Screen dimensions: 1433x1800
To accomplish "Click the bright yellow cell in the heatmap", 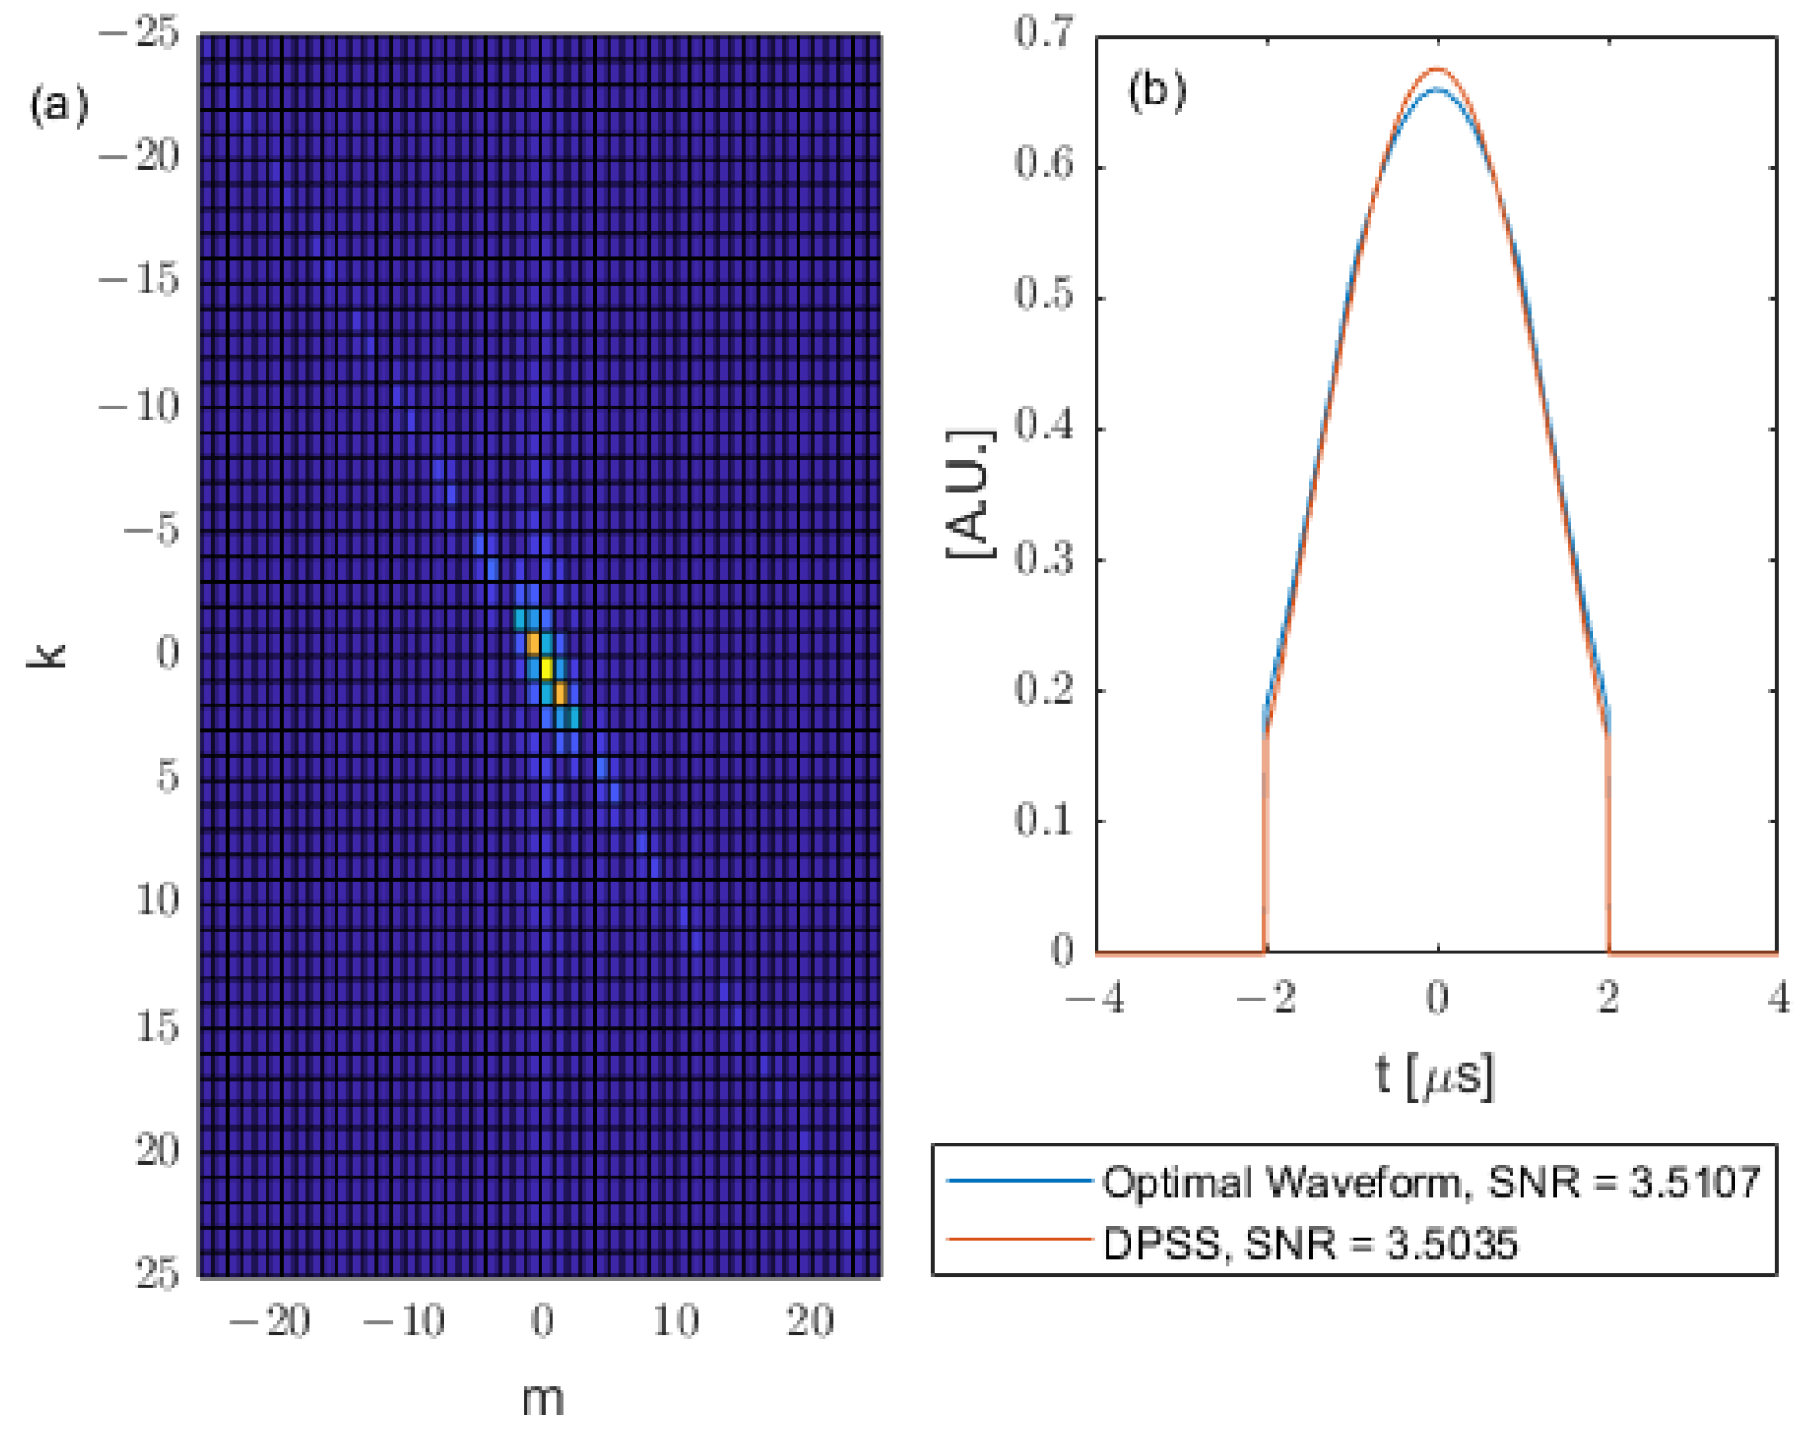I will pyautogui.click(x=546, y=667).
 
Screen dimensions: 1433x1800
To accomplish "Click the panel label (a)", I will pyautogui.click(x=59, y=105).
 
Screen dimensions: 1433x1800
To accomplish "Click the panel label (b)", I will pyautogui.click(x=1157, y=90).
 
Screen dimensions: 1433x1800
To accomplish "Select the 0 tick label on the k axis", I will pyautogui.click(x=167, y=653).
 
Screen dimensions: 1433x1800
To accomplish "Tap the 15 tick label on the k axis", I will pyautogui.click(x=157, y=1026).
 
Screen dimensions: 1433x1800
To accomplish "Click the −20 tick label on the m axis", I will pyautogui.click(x=269, y=1321).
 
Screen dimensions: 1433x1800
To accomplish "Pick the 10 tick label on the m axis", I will pyautogui.click(x=676, y=1321).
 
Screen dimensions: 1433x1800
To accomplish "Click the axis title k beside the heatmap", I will pyautogui.click(x=48, y=655).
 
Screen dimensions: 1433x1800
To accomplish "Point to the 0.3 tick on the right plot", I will pyautogui.click(x=1045, y=559).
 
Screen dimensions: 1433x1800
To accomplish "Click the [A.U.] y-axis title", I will pyautogui.click(x=970, y=494).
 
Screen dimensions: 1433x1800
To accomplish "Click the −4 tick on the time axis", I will pyautogui.click(x=1095, y=998).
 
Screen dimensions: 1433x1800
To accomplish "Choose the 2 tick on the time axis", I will pyautogui.click(x=1608, y=998).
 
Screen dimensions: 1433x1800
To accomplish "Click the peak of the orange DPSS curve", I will pyautogui.click(x=1437, y=69).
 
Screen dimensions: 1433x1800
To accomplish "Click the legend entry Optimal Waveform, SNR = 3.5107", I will pyautogui.click(x=1431, y=1181).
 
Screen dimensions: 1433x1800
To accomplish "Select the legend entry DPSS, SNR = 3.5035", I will pyautogui.click(x=1309, y=1244).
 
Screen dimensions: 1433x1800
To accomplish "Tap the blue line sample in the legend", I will pyautogui.click(x=1019, y=1180).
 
